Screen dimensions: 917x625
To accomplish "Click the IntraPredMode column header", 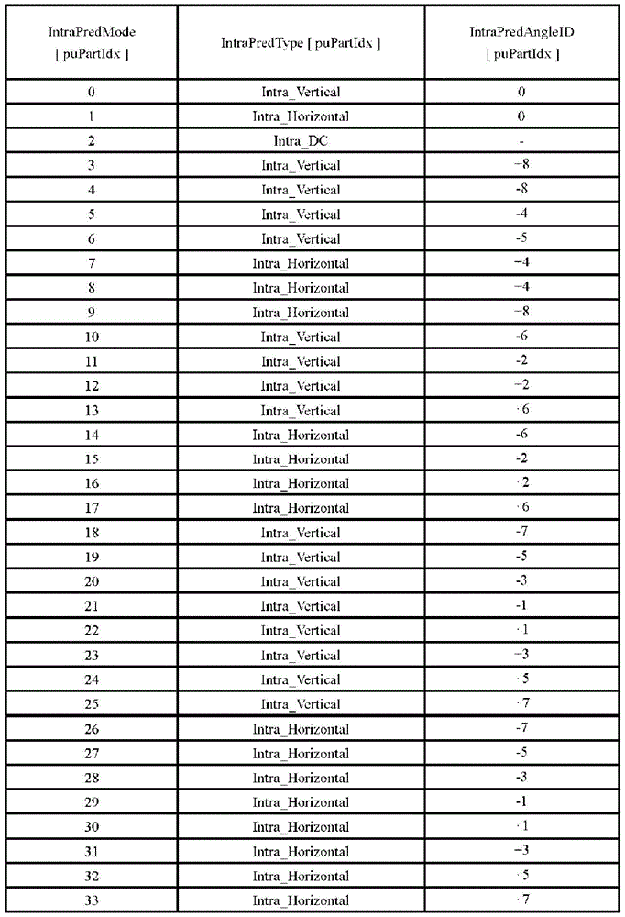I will pyautogui.click(x=92, y=42).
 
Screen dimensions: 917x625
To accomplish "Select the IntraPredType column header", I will pyautogui.click(x=301, y=43).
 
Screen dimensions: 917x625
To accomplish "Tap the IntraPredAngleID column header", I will pyautogui.click(x=521, y=42).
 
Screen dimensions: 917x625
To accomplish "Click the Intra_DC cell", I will pyautogui.click(x=301, y=141).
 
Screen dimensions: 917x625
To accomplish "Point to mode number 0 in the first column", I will pyautogui.click(x=92, y=92).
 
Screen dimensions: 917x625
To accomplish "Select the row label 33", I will pyautogui.click(x=92, y=900).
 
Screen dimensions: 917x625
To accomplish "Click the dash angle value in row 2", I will pyautogui.click(x=521, y=141).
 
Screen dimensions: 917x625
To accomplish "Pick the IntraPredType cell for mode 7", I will pyautogui.click(x=301, y=264).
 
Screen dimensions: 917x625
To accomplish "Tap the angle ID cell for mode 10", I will pyautogui.click(x=521, y=337).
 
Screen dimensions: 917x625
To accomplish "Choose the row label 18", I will pyautogui.click(x=92, y=533).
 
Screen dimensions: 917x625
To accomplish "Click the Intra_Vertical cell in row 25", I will pyautogui.click(x=301, y=704).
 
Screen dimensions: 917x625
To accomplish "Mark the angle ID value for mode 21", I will pyautogui.click(x=521, y=606).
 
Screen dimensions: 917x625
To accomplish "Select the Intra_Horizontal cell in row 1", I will pyautogui.click(x=301, y=116).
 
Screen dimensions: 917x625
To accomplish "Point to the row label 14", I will pyautogui.click(x=92, y=435).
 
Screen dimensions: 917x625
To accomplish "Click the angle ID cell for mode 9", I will pyautogui.click(x=521, y=312).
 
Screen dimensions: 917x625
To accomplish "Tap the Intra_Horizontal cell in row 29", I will pyautogui.click(x=301, y=802).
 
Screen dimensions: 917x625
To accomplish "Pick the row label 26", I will pyautogui.click(x=92, y=729).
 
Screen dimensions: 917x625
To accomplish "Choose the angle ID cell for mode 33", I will pyautogui.click(x=521, y=900).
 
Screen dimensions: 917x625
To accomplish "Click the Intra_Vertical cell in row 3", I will pyautogui.click(x=301, y=166).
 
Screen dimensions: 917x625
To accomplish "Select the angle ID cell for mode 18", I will pyautogui.click(x=521, y=533).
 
